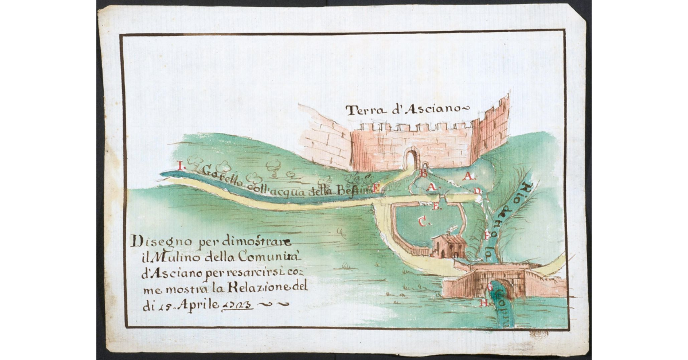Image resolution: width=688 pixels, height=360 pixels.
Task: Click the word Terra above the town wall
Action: [x=365, y=111]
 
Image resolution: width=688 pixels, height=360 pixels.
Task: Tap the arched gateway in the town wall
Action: [x=412, y=159]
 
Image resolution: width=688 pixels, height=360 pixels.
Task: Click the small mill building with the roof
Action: [x=449, y=245]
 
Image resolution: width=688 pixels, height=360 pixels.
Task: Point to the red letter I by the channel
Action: [x=181, y=166]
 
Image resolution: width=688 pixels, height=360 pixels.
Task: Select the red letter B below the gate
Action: [x=424, y=172]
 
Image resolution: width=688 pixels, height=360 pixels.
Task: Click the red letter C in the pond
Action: [x=423, y=222]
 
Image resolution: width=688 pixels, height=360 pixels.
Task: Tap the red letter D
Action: [x=477, y=191]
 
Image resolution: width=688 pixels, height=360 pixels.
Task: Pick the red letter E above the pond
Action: [x=437, y=206]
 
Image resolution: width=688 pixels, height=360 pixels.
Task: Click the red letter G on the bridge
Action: [x=490, y=285]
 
